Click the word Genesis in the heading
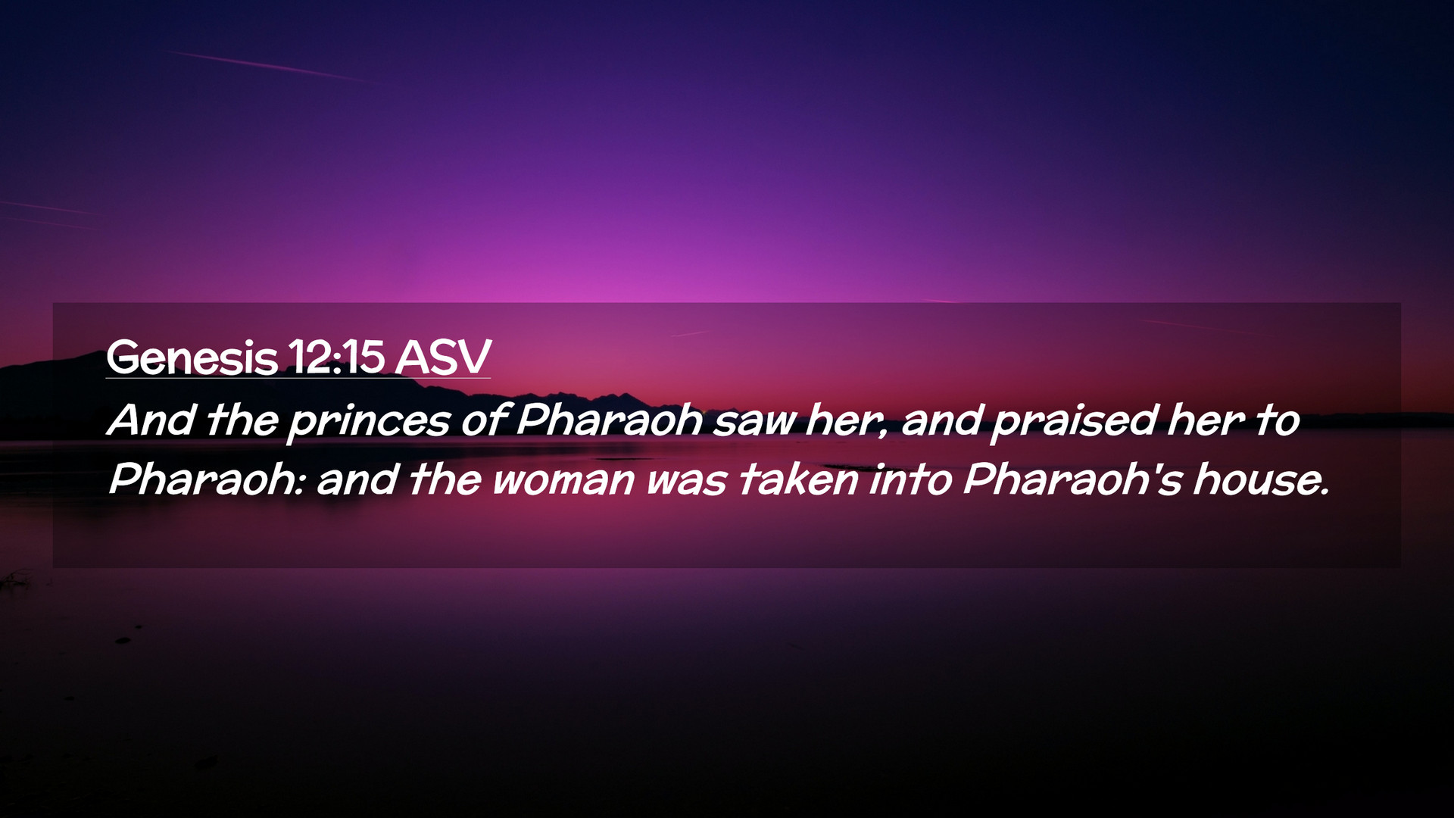tap(192, 357)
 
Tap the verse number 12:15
tap(336, 357)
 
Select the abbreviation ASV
tap(443, 357)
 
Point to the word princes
tap(369, 423)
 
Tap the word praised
tap(1074, 423)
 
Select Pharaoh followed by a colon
tap(206, 480)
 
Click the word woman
tap(563, 482)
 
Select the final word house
tap(1261, 480)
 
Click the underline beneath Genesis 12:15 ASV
tap(298, 378)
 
